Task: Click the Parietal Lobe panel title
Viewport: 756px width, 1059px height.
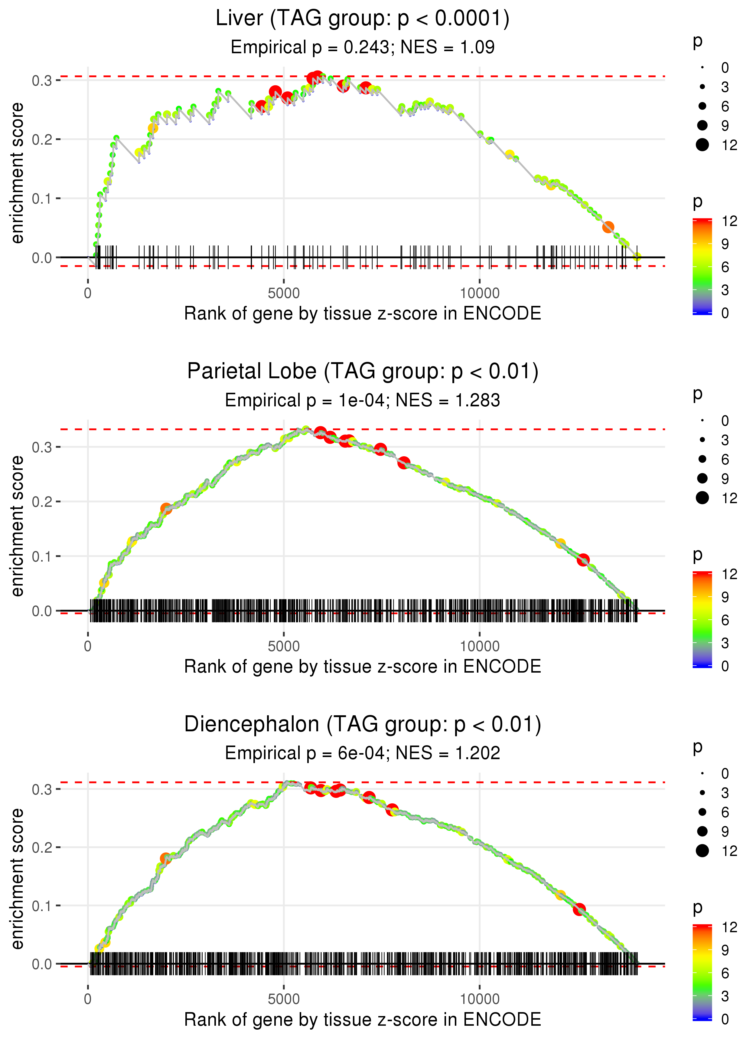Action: (x=362, y=372)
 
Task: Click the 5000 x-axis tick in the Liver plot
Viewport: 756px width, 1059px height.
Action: (x=284, y=293)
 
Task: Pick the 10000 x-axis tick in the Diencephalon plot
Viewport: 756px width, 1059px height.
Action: (x=480, y=999)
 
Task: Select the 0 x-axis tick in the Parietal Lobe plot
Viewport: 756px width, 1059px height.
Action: (x=88, y=646)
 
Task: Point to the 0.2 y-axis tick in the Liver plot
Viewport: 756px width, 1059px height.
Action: (x=42, y=139)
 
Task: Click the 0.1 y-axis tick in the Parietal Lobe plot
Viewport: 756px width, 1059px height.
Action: (x=42, y=556)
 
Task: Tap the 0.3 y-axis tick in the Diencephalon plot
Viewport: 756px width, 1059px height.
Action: (x=42, y=789)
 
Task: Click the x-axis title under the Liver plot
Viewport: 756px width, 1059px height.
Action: (x=362, y=313)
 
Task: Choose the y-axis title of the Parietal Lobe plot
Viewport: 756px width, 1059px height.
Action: (x=17, y=526)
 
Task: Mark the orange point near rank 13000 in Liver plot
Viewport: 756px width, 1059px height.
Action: (x=608, y=227)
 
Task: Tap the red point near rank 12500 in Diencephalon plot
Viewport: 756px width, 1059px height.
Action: (x=579, y=909)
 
